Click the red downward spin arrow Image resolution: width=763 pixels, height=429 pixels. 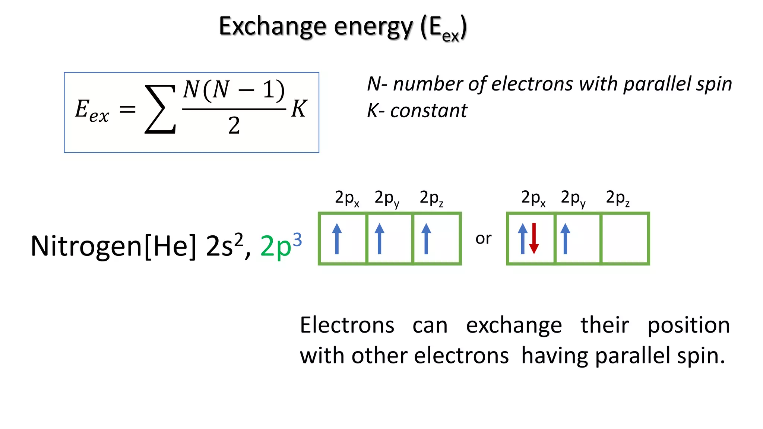click(x=534, y=239)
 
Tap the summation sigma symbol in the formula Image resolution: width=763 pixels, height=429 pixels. click(x=160, y=109)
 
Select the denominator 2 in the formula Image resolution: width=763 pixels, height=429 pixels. click(x=234, y=125)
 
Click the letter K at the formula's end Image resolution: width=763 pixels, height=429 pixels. click(x=299, y=109)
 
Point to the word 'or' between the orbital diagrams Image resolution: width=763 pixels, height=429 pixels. click(x=483, y=238)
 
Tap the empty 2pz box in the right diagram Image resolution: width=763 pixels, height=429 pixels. click(x=625, y=239)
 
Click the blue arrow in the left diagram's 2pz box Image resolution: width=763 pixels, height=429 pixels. click(x=426, y=239)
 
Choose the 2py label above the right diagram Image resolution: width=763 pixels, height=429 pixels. click(x=573, y=198)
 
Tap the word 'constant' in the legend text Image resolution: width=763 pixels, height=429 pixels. click(x=428, y=111)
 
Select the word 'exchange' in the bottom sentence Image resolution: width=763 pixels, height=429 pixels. click(x=514, y=325)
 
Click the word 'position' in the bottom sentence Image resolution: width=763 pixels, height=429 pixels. click(x=688, y=325)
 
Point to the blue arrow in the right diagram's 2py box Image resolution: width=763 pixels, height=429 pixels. click(x=565, y=239)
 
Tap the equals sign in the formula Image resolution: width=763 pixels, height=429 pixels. click(x=127, y=109)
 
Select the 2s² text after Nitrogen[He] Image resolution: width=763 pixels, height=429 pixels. click(x=225, y=246)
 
